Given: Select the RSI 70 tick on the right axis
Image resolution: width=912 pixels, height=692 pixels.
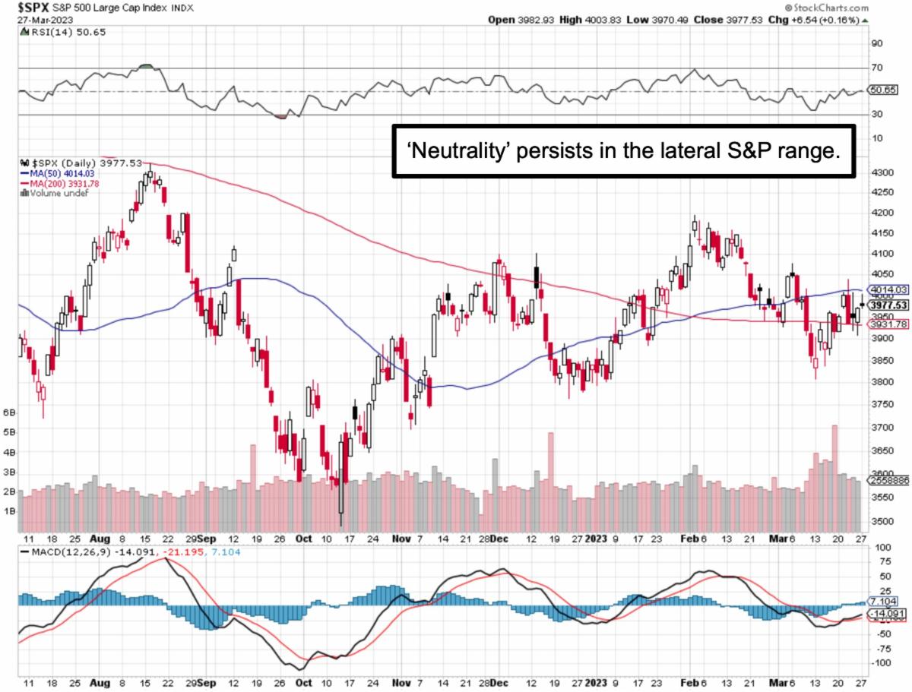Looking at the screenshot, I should click(x=877, y=68).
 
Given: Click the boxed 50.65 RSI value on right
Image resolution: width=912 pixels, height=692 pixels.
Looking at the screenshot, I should click(x=882, y=90).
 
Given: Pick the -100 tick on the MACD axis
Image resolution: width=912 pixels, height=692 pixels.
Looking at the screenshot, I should click(x=879, y=663).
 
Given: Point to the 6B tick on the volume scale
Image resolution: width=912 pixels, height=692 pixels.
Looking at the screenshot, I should click(x=10, y=412).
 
